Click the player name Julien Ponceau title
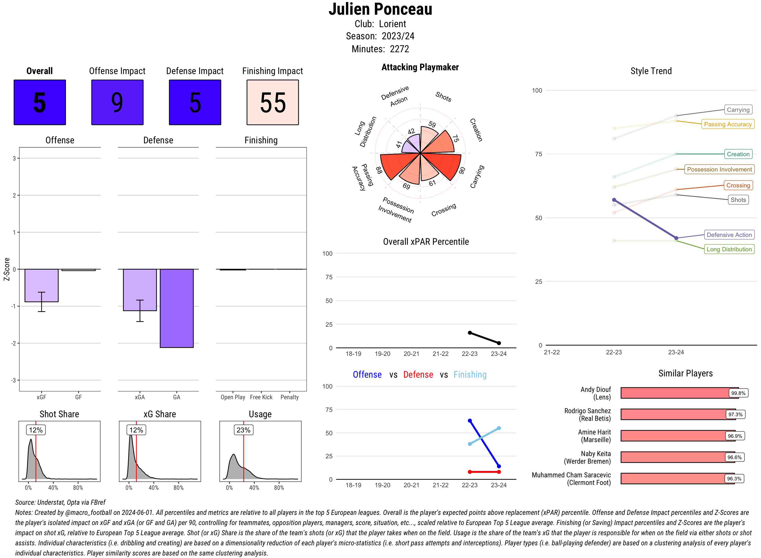pyautogui.click(x=380, y=9)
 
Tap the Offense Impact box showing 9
pyautogui.click(x=117, y=102)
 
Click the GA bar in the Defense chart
pyautogui.click(x=177, y=308)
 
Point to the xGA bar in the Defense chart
pyautogui.click(x=140, y=290)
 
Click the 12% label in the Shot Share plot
pyautogui.click(x=36, y=430)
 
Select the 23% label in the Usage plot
pyautogui.click(x=243, y=430)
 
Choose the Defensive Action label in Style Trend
pyautogui.click(x=729, y=235)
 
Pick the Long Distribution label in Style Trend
pyautogui.click(x=729, y=249)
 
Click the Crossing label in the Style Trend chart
pyautogui.click(x=738, y=185)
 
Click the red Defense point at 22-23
pyautogui.click(x=470, y=472)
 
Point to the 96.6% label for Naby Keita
pyautogui.click(x=734, y=457)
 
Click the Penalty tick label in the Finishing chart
pyautogui.click(x=289, y=397)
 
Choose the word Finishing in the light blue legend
pyautogui.click(x=470, y=375)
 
